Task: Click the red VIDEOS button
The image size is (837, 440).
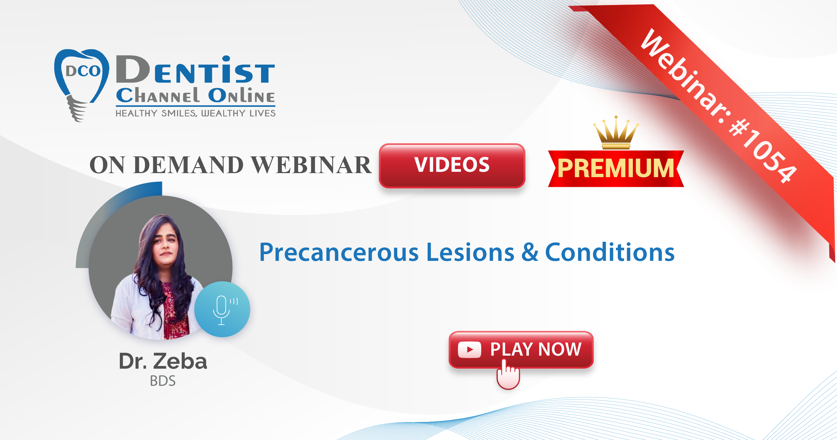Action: [x=452, y=165]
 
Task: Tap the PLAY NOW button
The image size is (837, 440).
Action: [x=521, y=350]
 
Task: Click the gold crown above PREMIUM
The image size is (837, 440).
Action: [x=616, y=133]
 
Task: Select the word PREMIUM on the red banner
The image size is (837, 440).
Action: [x=616, y=168]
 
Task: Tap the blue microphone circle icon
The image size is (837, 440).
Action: [x=222, y=309]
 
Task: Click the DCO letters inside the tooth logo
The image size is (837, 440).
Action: [x=83, y=71]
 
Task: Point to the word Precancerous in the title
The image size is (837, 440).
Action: [x=339, y=252]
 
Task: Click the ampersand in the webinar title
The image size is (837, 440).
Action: [x=530, y=252]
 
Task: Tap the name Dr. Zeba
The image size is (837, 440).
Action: [x=163, y=361]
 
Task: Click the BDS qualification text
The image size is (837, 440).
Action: [x=163, y=381]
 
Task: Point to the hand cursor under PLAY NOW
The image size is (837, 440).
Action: [x=508, y=374]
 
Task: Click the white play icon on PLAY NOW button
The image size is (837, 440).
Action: [x=470, y=350]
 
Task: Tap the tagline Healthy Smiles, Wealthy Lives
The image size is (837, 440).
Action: [x=195, y=113]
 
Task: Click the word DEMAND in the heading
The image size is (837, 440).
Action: [x=188, y=165]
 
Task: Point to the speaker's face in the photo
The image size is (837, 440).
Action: [x=165, y=244]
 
